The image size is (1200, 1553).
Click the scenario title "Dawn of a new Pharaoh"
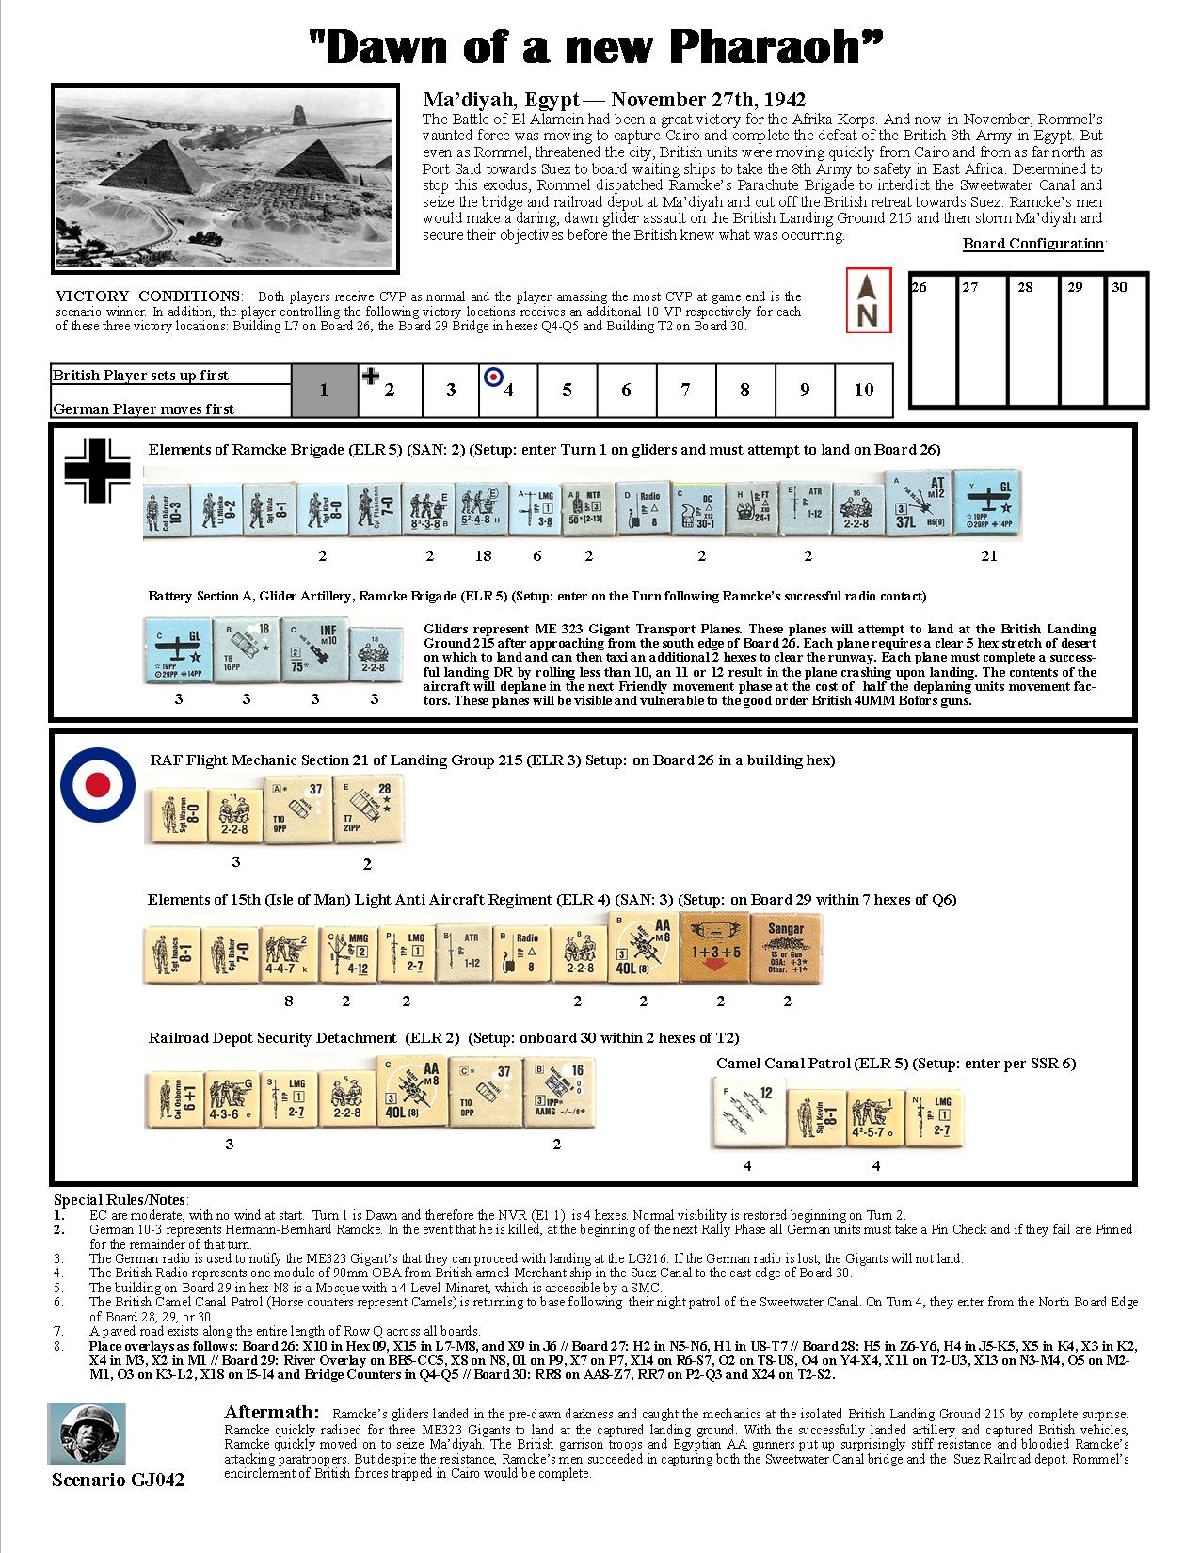point(598,48)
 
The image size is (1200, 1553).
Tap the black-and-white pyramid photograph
point(224,178)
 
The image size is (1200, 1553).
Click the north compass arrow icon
point(868,300)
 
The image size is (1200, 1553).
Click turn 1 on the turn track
point(324,390)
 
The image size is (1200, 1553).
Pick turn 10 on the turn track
point(863,390)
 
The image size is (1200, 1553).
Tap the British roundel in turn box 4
point(493,376)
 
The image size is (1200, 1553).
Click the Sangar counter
point(786,950)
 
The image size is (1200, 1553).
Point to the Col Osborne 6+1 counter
point(173,1093)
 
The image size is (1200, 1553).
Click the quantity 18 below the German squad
point(483,556)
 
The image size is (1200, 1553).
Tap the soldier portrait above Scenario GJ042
point(86,1434)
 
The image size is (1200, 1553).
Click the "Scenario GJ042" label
point(119,1480)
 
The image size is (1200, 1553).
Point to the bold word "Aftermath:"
point(272,1413)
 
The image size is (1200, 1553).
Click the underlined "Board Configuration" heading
point(1033,244)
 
